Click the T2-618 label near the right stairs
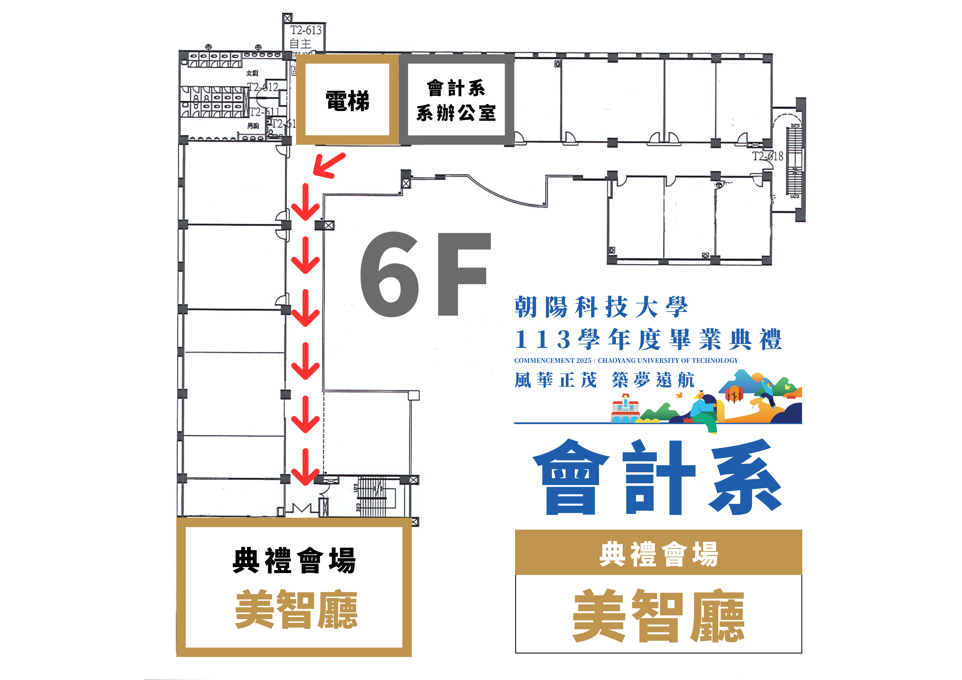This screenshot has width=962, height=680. pyautogui.click(x=767, y=156)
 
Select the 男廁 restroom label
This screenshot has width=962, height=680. pyautogui.click(x=253, y=126)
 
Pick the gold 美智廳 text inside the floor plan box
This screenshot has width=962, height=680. pyautogui.click(x=296, y=609)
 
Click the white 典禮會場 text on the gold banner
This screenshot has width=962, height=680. pyautogui.click(x=658, y=554)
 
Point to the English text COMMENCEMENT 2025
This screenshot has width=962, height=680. pyautogui.click(x=552, y=360)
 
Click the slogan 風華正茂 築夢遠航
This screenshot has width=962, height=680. pyautogui.click(x=604, y=380)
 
